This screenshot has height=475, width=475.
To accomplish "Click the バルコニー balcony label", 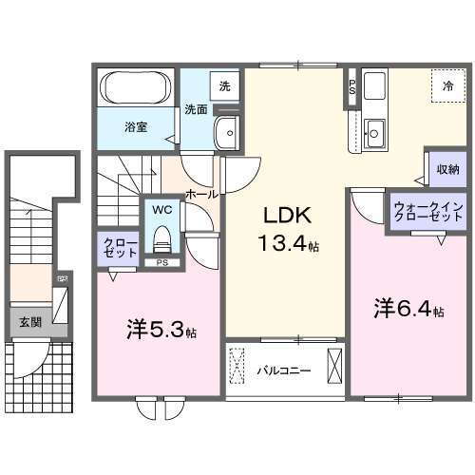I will pyautogui.click(x=283, y=370).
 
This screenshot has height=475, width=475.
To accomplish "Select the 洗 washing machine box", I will pyautogui.click(x=224, y=86).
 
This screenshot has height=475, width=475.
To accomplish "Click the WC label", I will pyautogui.click(x=160, y=208).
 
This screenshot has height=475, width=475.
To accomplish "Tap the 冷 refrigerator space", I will pyautogui.click(x=447, y=85).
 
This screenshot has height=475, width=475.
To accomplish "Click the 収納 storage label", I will pyautogui.click(x=449, y=171).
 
